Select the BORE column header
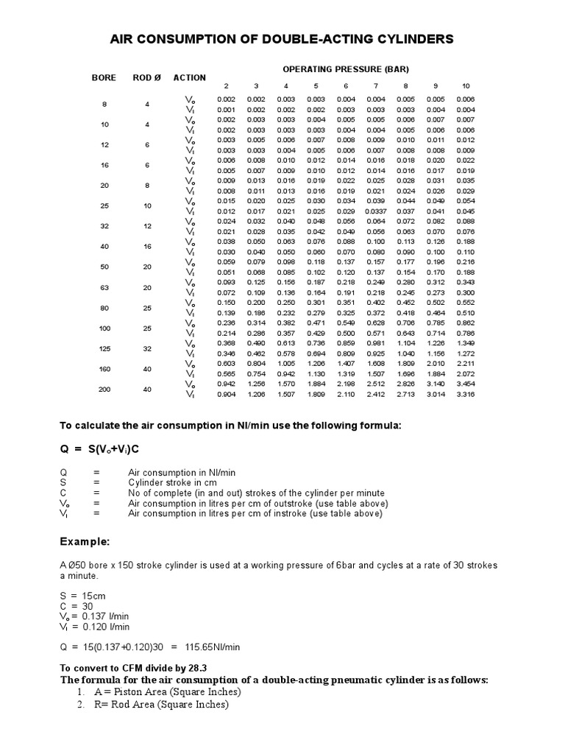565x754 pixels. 104,78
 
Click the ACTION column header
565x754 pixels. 190,78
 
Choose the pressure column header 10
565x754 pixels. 465,86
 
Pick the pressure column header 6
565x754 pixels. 346,86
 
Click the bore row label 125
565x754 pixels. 104,348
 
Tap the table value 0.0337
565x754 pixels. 376,211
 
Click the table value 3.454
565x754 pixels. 465,384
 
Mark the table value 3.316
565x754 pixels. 465,395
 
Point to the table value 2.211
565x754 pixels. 465,364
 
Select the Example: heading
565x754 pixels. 85,542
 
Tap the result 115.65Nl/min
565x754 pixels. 213,647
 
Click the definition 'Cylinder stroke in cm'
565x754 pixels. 174,482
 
